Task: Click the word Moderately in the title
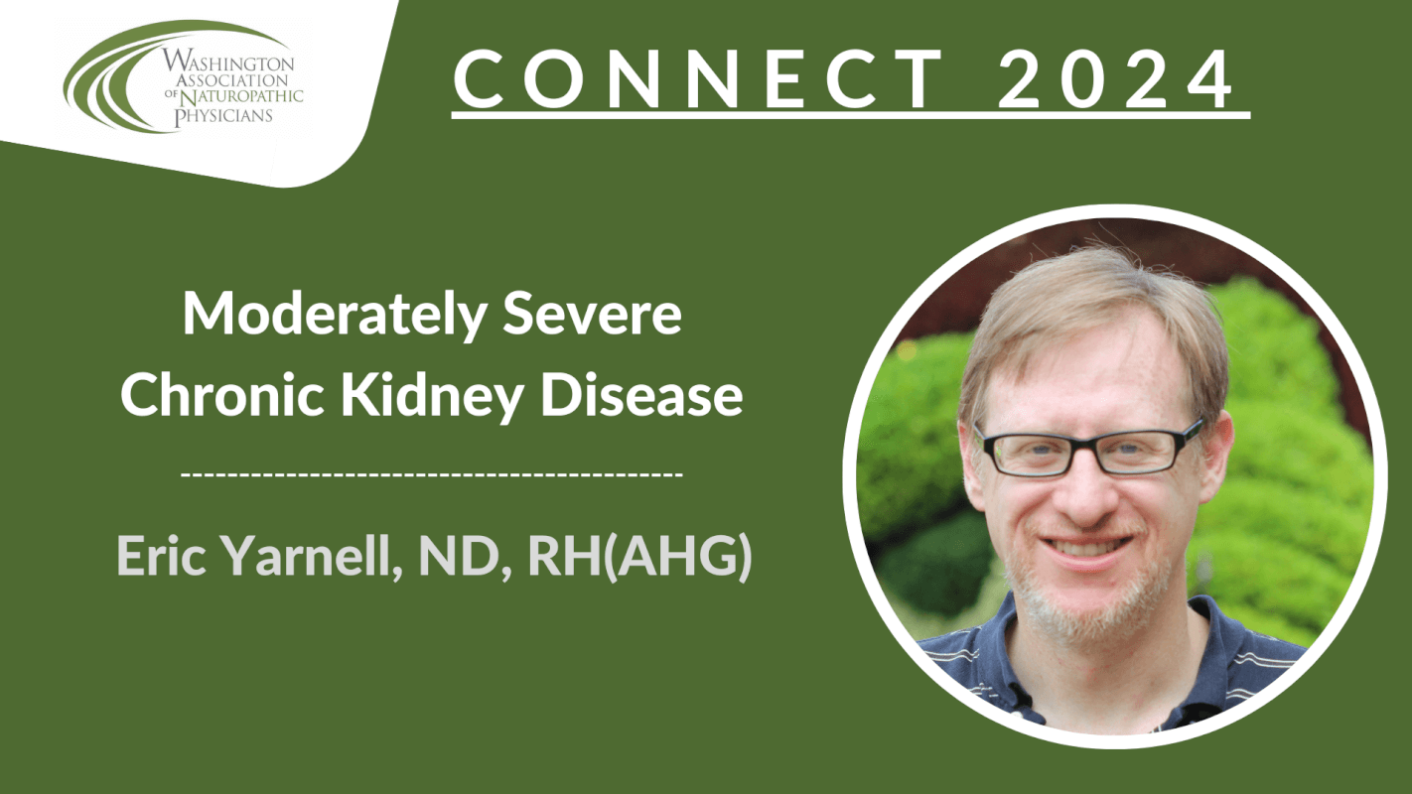[x=334, y=315]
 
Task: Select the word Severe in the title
[x=592, y=314]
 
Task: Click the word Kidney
[x=433, y=397]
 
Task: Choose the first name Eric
[x=162, y=555]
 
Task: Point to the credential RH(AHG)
[x=639, y=557]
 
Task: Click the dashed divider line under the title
[x=432, y=472]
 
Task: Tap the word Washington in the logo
[x=227, y=63]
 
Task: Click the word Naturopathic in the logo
[x=241, y=96]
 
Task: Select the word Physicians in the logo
[x=223, y=115]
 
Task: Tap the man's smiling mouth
[x=1085, y=547]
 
